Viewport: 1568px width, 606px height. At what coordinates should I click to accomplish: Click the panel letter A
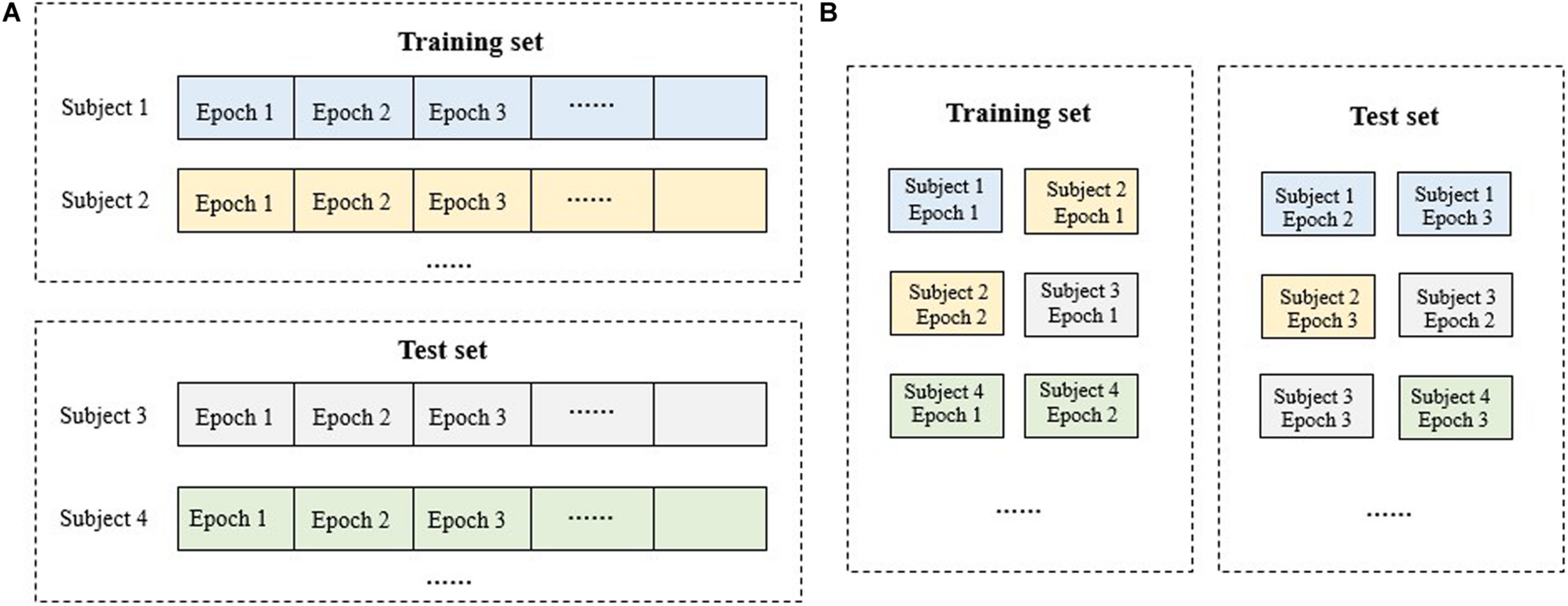coord(11,13)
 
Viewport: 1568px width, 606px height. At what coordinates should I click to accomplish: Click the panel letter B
coord(829,13)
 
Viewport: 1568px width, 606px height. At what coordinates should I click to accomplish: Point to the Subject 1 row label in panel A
coord(105,107)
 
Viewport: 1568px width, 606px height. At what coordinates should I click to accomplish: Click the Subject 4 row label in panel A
coord(103,519)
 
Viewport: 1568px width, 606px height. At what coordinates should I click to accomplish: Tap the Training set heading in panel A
coord(470,42)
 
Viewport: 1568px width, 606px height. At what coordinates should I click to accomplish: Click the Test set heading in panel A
coord(443,350)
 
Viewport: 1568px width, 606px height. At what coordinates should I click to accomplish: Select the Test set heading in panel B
coord(1394,116)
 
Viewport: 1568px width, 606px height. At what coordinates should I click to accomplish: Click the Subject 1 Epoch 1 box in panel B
coord(945,200)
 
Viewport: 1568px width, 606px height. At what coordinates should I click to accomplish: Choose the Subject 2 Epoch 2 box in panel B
coord(946,304)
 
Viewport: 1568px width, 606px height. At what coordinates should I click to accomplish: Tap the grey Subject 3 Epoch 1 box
coord(1081,304)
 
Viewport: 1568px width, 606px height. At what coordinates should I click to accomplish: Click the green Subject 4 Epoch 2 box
coord(1081,406)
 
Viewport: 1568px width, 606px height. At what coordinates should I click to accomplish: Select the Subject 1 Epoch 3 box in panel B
coord(1454,205)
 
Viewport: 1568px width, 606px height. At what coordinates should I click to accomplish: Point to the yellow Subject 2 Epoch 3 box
coord(1318,307)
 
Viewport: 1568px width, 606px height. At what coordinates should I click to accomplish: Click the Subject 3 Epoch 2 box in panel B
coord(1455,306)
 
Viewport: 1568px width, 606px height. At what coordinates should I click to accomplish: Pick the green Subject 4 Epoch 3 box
coord(1455,408)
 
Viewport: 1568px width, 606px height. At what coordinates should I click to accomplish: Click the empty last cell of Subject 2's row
coord(710,201)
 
